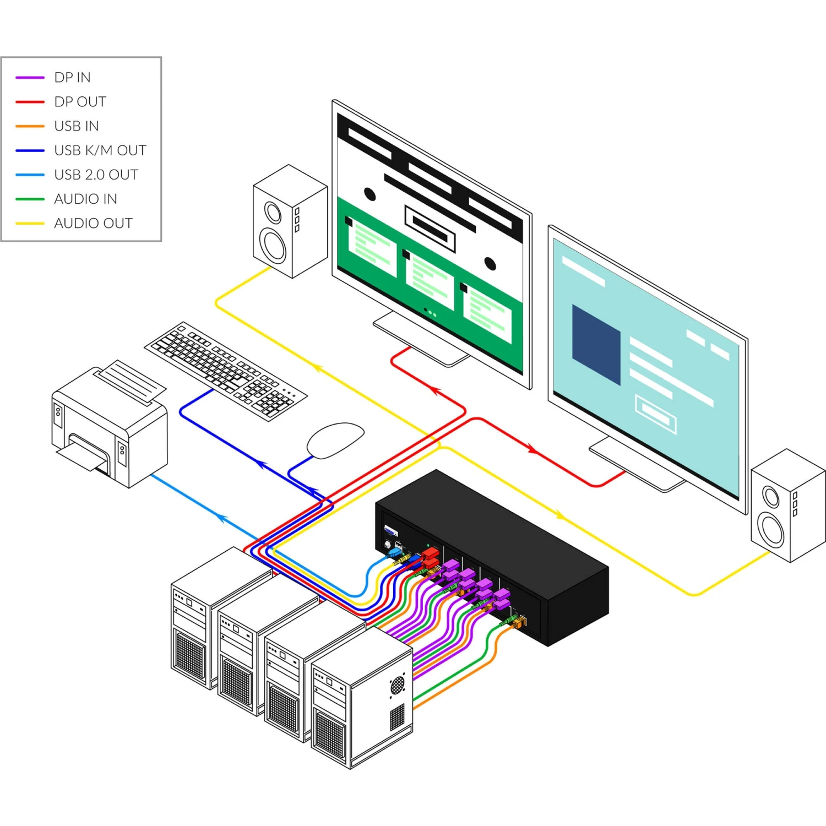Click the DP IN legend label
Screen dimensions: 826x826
coord(72,78)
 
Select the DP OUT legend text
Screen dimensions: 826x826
coord(80,102)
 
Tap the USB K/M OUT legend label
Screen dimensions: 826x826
coord(100,150)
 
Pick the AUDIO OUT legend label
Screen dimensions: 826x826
coord(93,223)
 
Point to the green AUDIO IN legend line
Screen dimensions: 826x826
coord(30,199)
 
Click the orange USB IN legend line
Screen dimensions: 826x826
coord(30,126)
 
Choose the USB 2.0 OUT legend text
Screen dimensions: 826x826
coord(96,175)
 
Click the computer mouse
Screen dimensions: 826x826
coord(335,439)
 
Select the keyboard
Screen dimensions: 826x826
coord(226,371)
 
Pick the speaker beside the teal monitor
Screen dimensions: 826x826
coord(787,505)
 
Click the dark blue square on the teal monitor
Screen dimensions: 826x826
coord(596,344)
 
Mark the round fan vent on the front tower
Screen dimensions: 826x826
coord(397,686)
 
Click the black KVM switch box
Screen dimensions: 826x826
coord(496,556)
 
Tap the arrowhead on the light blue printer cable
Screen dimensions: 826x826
coord(221,518)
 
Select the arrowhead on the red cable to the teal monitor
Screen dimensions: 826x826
coord(533,450)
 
